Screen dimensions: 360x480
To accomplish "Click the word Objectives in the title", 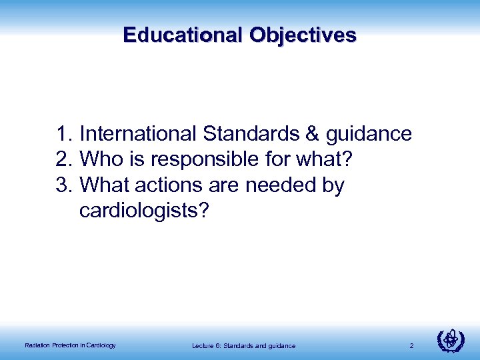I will pyautogui.click(x=303, y=35).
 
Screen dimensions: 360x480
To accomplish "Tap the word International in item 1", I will pyautogui.click(x=138, y=134).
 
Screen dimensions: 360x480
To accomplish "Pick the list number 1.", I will pyautogui.click(x=63, y=134).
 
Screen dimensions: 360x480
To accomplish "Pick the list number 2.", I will pyautogui.click(x=63, y=160).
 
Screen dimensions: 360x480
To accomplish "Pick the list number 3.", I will pyautogui.click(x=63, y=185).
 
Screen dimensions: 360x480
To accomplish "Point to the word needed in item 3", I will pyautogui.click(x=279, y=185).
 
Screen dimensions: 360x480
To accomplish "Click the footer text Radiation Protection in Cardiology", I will pyautogui.click(x=70, y=345).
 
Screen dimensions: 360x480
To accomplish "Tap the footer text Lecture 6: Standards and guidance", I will pyautogui.click(x=243, y=345).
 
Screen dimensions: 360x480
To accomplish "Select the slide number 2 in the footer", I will pyautogui.click(x=412, y=345).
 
